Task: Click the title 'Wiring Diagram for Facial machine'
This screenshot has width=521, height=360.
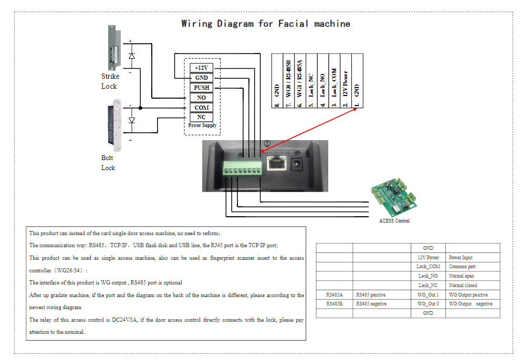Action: tap(265, 24)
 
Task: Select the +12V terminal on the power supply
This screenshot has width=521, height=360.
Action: tap(202, 68)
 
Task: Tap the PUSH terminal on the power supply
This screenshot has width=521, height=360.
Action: tap(202, 88)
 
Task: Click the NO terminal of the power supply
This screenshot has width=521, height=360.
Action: tap(202, 98)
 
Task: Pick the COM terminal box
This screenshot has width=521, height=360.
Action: tap(202, 108)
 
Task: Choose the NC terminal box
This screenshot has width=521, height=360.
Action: tap(202, 118)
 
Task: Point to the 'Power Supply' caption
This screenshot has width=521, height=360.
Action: tap(202, 126)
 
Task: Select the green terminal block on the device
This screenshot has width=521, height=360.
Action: tap(242, 170)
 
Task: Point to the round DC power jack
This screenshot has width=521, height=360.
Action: tap(298, 164)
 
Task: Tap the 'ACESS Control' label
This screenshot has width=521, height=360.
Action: tap(394, 221)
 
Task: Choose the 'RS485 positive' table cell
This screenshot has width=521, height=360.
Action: tap(371, 295)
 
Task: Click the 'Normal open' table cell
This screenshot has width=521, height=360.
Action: tap(462, 276)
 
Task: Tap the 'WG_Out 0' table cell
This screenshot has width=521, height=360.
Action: tap(428, 304)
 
